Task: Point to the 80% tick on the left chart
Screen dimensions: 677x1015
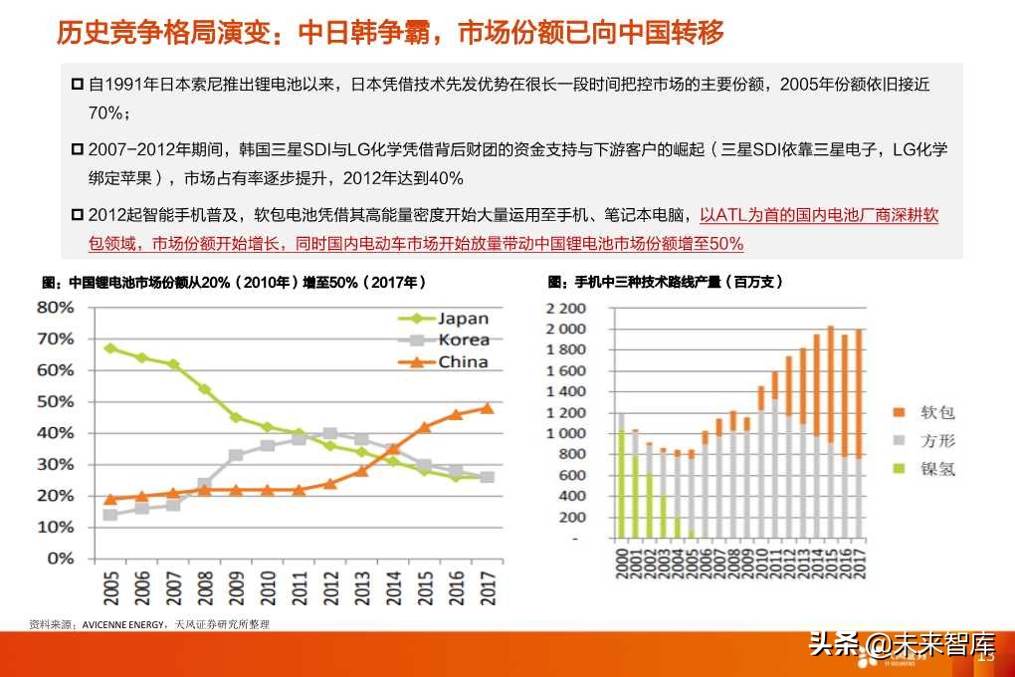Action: tap(55, 308)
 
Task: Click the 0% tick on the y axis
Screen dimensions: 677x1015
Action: tap(61, 559)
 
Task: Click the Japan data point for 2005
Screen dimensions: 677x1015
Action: tap(109, 348)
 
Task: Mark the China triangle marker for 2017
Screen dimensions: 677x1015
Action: tap(488, 407)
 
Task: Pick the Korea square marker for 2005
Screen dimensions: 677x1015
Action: tap(109, 515)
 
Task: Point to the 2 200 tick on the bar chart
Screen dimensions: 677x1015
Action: tap(565, 308)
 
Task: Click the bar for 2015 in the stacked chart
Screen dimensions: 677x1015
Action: tap(830, 433)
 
